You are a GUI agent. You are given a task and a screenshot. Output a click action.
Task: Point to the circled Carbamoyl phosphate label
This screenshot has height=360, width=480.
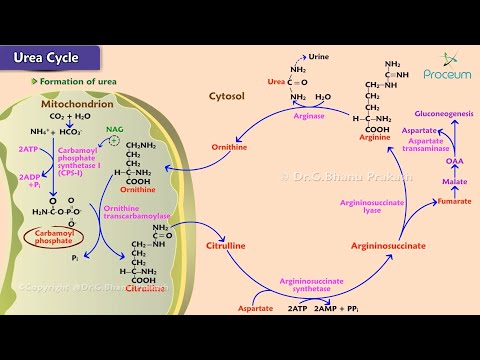[52, 236]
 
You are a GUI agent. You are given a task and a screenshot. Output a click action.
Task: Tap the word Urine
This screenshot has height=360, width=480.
[319, 57]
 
